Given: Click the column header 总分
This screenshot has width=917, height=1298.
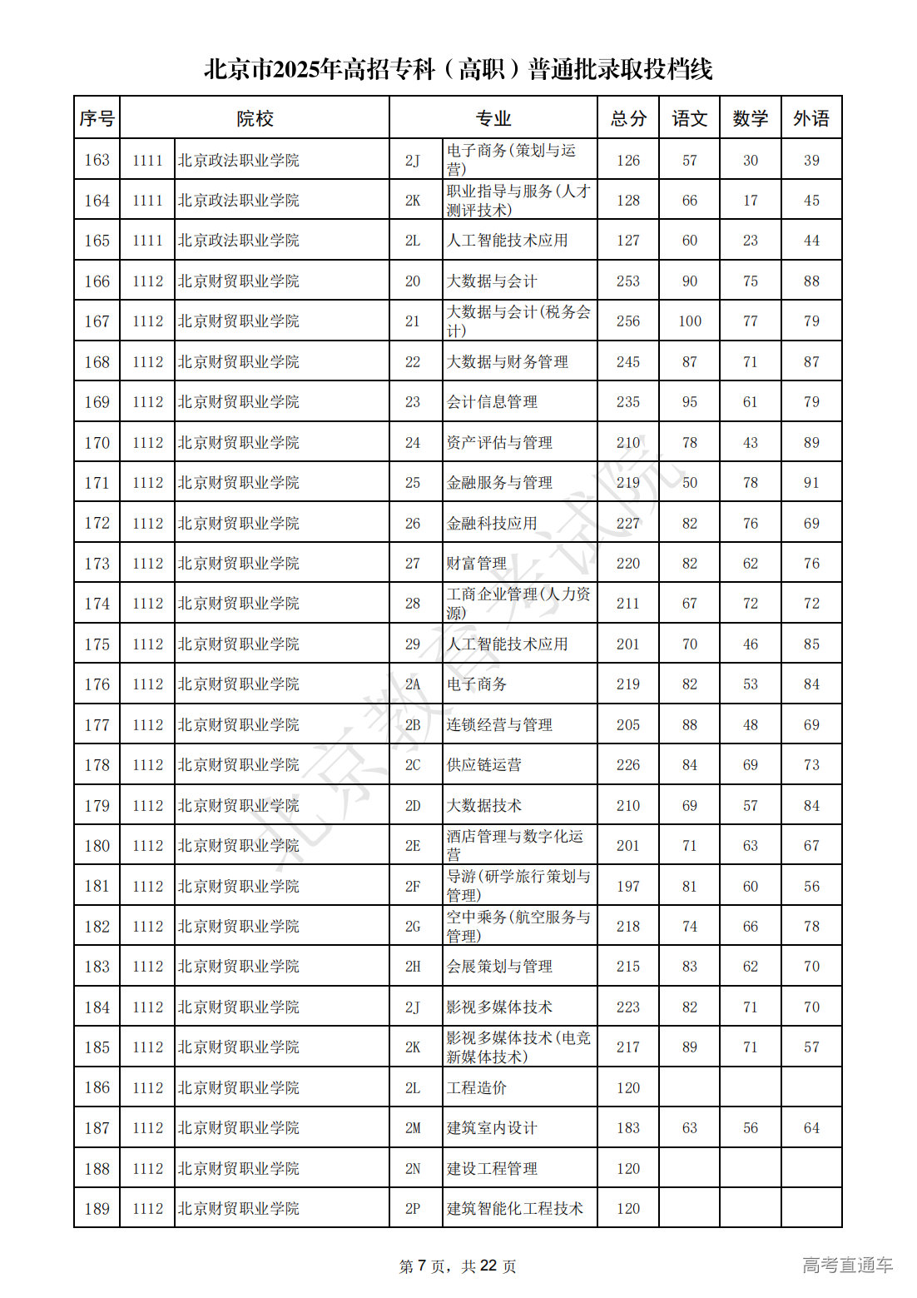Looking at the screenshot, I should [627, 118].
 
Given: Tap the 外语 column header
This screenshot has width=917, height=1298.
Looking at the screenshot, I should [810, 118].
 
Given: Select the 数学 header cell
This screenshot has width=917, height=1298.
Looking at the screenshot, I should [750, 118].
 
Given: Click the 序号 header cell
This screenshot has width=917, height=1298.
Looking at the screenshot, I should [97, 118].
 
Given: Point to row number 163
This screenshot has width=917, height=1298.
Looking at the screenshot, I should [97, 160].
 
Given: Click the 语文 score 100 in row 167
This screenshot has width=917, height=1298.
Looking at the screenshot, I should [689, 321].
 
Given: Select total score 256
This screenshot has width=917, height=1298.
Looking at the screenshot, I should [627, 321].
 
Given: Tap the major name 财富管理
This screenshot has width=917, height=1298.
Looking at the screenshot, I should [476, 564].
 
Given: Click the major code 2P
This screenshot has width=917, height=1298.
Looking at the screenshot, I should [413, 1209].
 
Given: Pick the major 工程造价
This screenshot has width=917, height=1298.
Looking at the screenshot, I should [476, 1088].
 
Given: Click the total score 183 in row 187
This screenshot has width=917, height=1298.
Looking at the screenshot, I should [627, 1128].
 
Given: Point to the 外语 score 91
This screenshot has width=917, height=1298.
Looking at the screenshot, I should [810, 483].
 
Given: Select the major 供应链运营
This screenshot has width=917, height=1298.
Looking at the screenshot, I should [483, 765].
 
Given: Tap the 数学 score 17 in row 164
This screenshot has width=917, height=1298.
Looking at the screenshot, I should [750, 201].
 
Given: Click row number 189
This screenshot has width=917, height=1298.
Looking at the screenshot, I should [97, 1209].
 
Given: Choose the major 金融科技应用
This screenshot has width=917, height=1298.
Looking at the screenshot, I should [491, 524].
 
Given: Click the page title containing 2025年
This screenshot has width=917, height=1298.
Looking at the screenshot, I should [458, 69].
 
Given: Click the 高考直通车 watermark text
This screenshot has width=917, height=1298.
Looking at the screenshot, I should [847, 1266].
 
